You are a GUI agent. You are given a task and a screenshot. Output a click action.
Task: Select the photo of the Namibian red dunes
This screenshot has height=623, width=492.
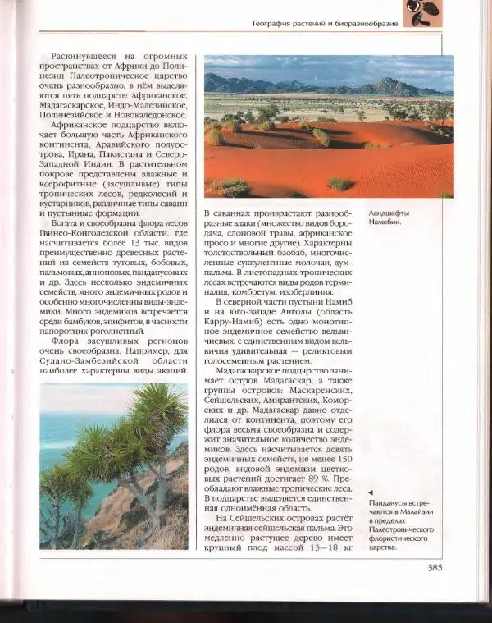328,127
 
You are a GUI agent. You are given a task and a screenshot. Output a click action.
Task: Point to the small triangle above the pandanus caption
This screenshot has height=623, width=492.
371,491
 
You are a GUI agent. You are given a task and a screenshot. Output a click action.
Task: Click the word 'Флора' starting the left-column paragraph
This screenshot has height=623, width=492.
67,337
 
